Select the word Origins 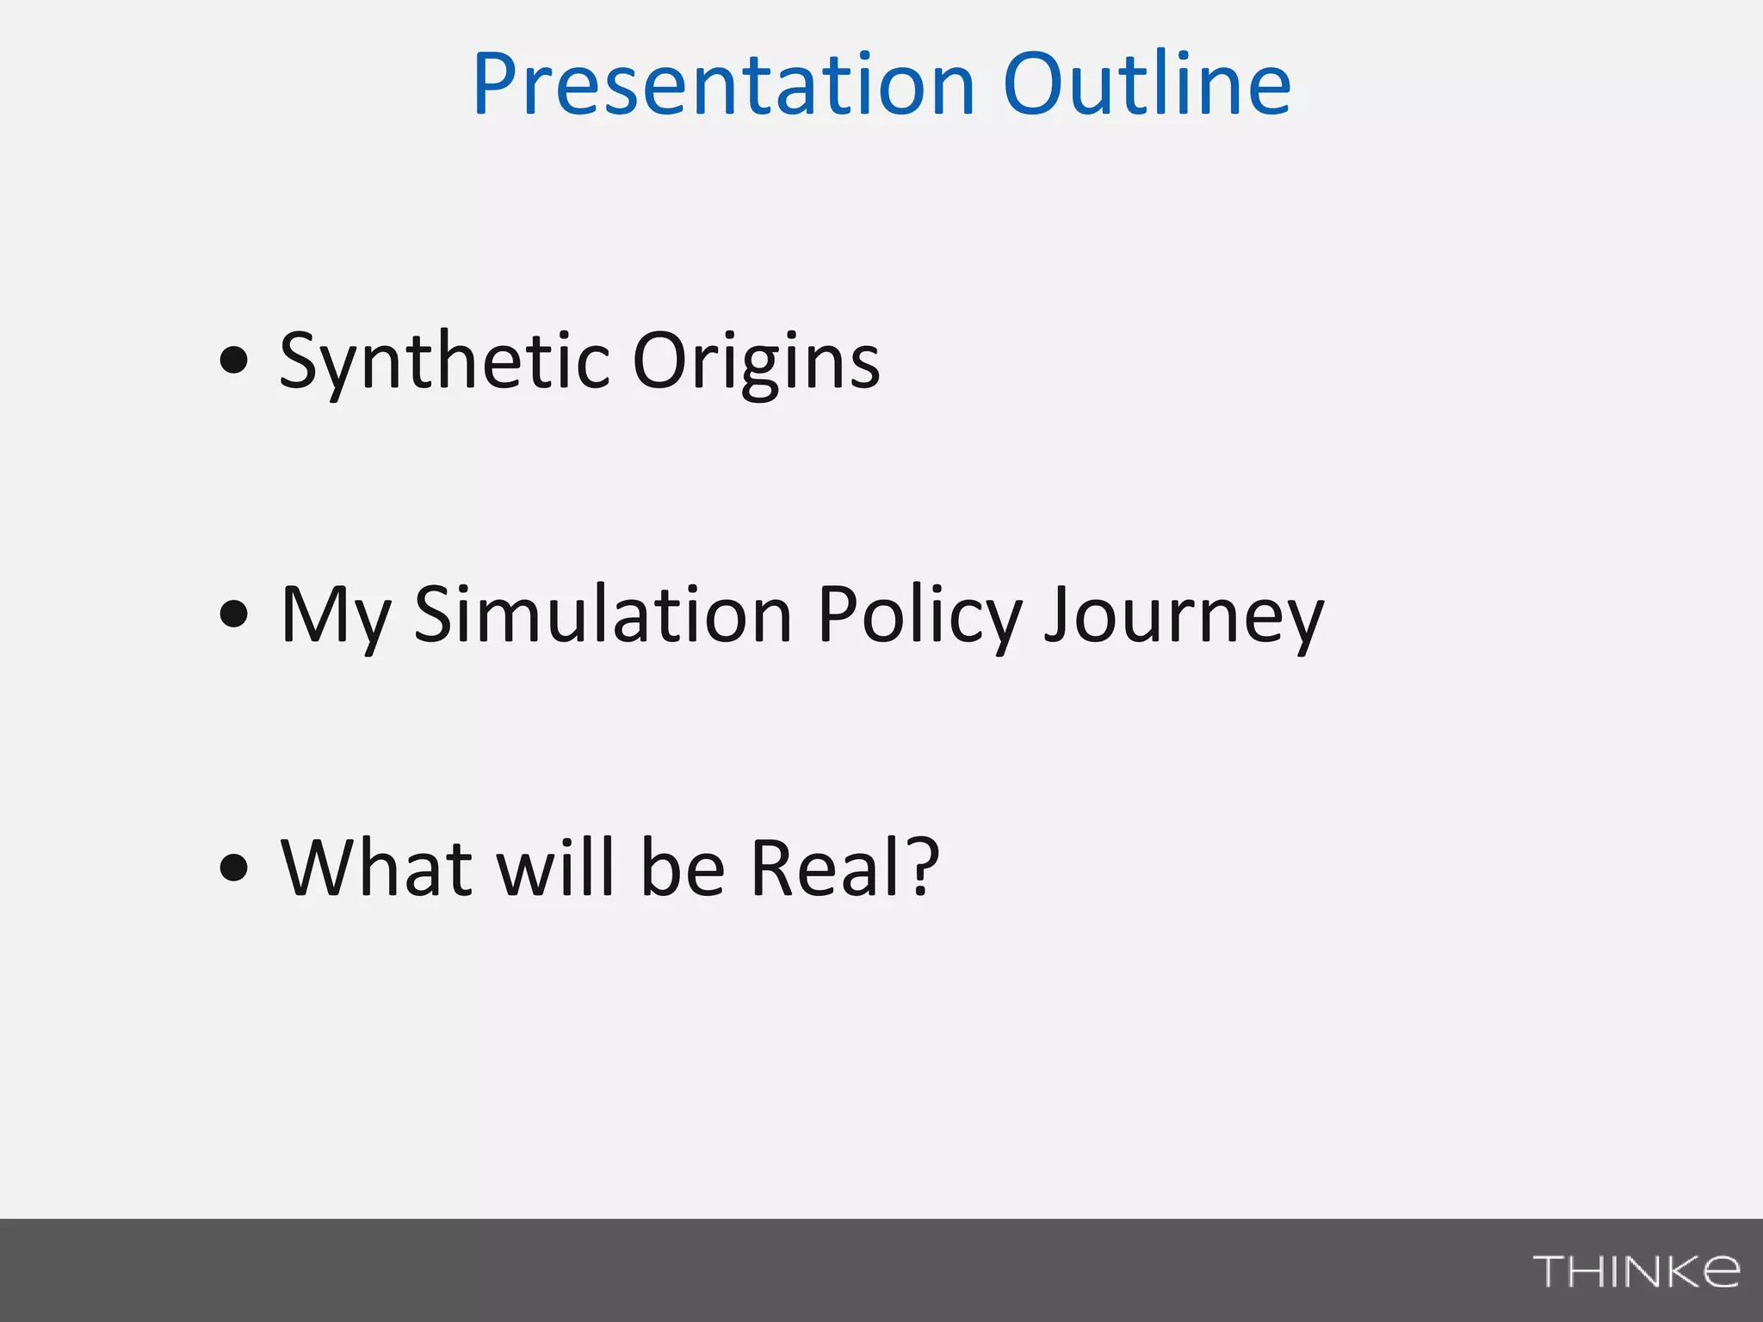click(756, 361)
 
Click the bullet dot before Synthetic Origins click(233, 360)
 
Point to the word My click(336, 616)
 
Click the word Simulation click(603, 615)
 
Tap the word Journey click(1184, 616)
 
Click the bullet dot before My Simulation click(233, 614)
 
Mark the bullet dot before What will click(233, 867)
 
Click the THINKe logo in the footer click(1636, 1271)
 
